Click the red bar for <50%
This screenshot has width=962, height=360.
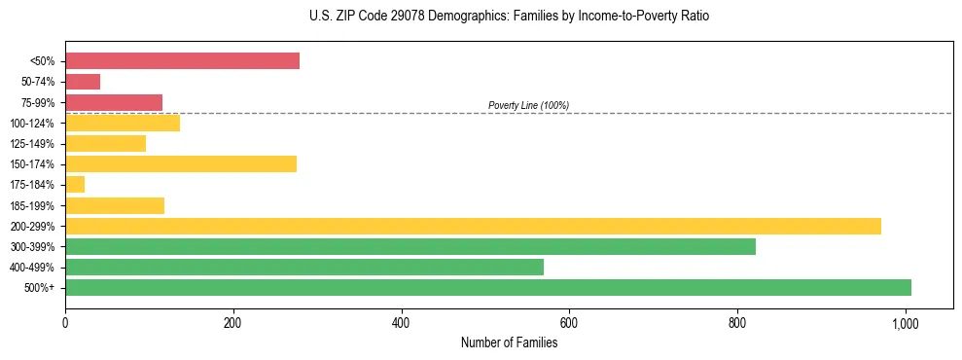click(x=182, y=61)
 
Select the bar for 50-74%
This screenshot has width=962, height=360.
click(x=83, y=82)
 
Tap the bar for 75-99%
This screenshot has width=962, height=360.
click(x=114, y=102)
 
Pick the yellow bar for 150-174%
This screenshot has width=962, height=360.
click(x=181, y=163)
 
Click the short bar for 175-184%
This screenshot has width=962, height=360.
click(x=75, y=184)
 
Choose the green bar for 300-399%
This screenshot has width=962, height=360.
click(x=410, y=246)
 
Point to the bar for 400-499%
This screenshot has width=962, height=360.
click(x=304, y=267)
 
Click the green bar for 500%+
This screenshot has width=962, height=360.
click(x=488, y=287)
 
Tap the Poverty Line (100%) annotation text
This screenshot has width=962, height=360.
click(x=528, y=105)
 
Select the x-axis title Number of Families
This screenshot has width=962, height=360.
click(x=509, y=342)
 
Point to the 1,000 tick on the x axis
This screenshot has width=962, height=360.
click(x=906, y=322)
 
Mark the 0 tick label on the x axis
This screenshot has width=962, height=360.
click(x=65, y=322)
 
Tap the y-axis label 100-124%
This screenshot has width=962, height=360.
click(x=32, y=124)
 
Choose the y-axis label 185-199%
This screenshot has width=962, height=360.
click(x=32, y=205)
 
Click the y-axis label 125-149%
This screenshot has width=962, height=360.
click(x=32, y=144)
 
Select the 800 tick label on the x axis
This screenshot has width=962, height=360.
click(x=737, y=322)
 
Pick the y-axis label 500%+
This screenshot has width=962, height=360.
click(x=40, y=288)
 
